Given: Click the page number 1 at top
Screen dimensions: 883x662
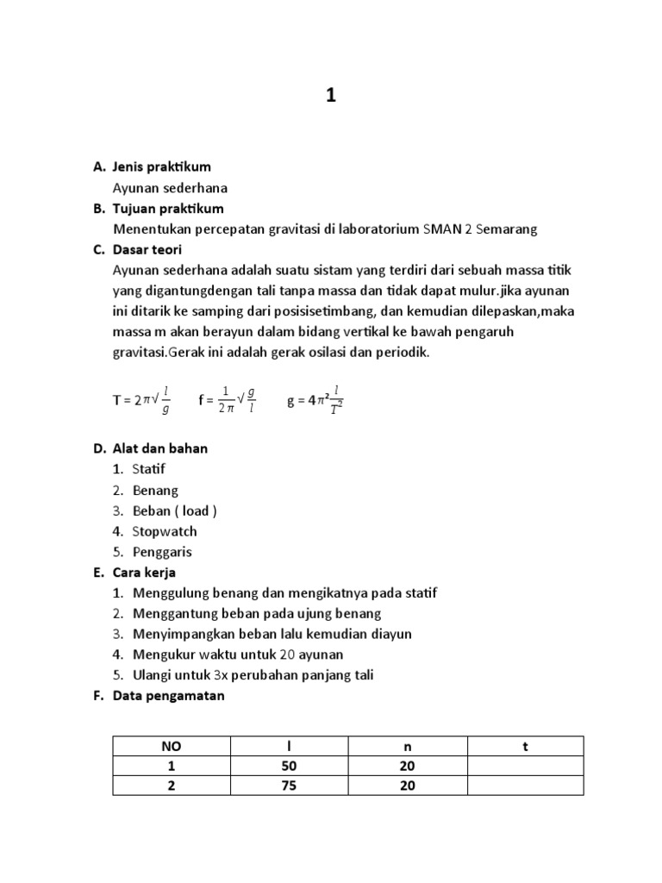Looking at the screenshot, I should (330, 97).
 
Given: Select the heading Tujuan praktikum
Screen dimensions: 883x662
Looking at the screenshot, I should (168, 209).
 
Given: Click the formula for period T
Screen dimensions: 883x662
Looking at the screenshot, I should (141, 399).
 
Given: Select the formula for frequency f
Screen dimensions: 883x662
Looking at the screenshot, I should (228, 399).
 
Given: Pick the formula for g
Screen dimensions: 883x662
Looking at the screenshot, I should (315, 399).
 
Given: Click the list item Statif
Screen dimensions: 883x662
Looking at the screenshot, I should (148, 469).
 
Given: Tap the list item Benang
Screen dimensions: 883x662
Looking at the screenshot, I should (155, 490).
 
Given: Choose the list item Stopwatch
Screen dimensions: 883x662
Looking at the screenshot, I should (165, 531).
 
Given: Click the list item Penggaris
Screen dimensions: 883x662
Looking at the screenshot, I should (162, 552).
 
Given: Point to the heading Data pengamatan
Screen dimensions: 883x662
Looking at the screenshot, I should (168, 696).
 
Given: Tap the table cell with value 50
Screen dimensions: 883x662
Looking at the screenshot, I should (290, 767).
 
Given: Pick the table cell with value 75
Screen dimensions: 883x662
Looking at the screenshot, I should (290, 786).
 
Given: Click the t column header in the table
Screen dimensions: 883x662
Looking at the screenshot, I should (525, 747).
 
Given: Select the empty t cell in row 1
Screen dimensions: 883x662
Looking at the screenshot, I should (525, 767).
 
